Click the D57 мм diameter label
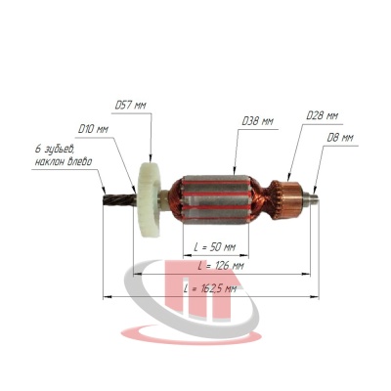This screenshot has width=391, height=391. coord(131,106)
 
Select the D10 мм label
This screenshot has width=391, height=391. coord(93,129)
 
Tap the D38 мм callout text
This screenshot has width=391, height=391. coord(258,121)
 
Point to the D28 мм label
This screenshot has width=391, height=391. coord(323,115)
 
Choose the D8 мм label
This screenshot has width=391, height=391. coord(340,138)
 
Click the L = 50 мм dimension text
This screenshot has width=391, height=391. coord(215,247)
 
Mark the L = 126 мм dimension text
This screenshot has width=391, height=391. coord(221,266)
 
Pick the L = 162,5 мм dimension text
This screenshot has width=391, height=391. coord(210,288)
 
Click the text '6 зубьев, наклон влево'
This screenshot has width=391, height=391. coord(64,155)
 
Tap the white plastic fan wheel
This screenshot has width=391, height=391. coord(150,199)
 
